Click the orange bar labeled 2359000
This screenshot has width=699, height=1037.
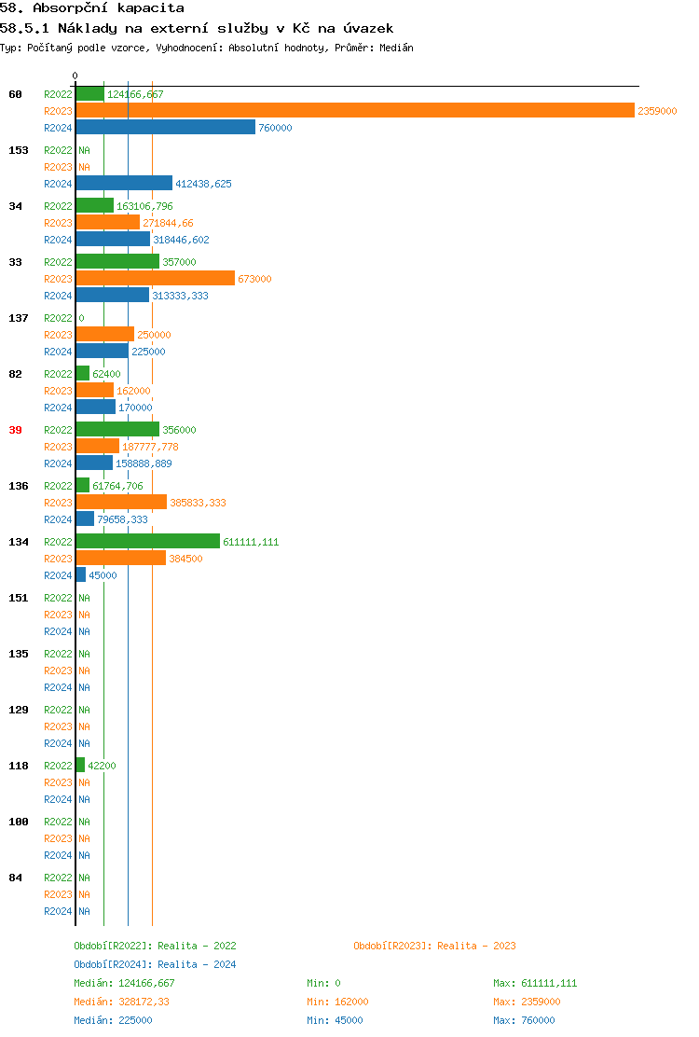[x=354, y=110]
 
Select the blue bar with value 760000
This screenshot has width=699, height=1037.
[x=165, y=127]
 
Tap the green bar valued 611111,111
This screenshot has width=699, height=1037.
[x=147, y=541]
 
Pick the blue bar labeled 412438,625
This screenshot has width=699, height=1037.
[x=124, y=183]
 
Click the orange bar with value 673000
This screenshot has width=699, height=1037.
[x=155, y=278]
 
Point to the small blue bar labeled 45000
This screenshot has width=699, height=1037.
[x=81, y=574]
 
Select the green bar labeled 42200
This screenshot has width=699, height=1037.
[x=80, y=765]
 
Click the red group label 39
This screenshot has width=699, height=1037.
[x=15, y=430]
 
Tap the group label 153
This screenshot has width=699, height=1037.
[x=18, y=150]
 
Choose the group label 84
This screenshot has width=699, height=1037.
[x=15, y=878]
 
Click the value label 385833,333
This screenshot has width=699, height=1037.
[x=198, y=503]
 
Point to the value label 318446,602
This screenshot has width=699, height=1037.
[x=181, y=240]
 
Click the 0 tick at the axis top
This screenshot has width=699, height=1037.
[x=75, y=76]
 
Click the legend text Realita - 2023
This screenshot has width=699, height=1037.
[x=476, y=946]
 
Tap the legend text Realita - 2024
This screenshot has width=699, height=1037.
[x=197, y=964]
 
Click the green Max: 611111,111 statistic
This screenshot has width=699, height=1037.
[x=535, y=983]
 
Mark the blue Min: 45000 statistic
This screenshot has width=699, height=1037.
[x=335, y=1020]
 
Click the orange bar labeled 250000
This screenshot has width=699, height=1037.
[x=104, y=334]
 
